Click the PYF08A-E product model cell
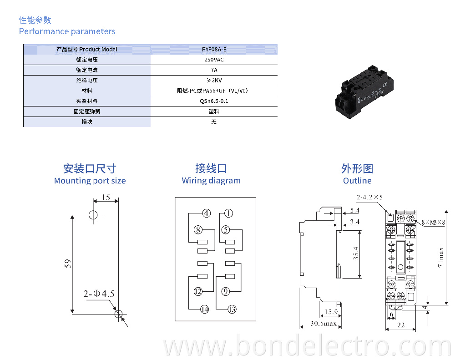tap(214, 49)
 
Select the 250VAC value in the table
tap(214, 60)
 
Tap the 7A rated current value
tap(214, 70)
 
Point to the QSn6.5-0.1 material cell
tap(214, 101)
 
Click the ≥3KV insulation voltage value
tap(214, 81)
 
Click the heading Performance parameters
tap(67, 31)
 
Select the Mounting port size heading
tap(90, 181)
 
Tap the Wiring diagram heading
tap(211, 181)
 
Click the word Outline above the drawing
tap(357, 181)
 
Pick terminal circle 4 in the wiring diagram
tap(207, 213)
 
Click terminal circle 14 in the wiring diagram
tap(205, 309)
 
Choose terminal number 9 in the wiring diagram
tap(226, 291)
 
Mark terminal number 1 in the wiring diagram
tap(228, 213)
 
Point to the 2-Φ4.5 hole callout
tap(98, 294)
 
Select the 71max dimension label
tap(441, 258)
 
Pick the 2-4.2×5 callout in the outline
tap(369, 198)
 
